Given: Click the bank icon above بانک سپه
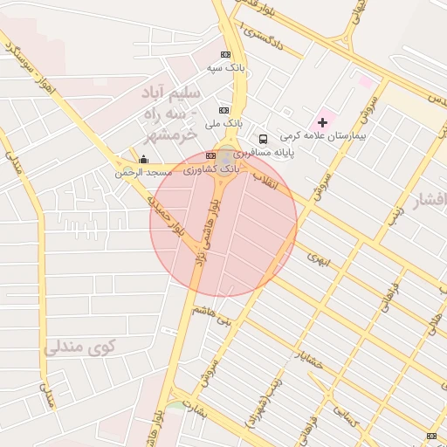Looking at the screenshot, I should pyautogui.click(x=226, y=54).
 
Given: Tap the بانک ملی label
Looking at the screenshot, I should pyautogui.click(x=222, y=124).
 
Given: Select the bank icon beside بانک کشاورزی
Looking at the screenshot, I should pyautogui.click(x=209, y=155).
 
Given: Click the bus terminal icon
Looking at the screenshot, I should pyautogui.click(x=263, y=139).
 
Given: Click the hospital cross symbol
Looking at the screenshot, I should pyautogui.click(x=322, y=121).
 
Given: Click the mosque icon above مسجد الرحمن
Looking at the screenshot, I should pyautogui.click(x=144, y=160).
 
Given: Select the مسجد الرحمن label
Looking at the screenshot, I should pyautogui.click(x=144, y=173).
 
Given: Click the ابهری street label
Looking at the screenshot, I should pyautogui.click(x=314, y=257).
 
